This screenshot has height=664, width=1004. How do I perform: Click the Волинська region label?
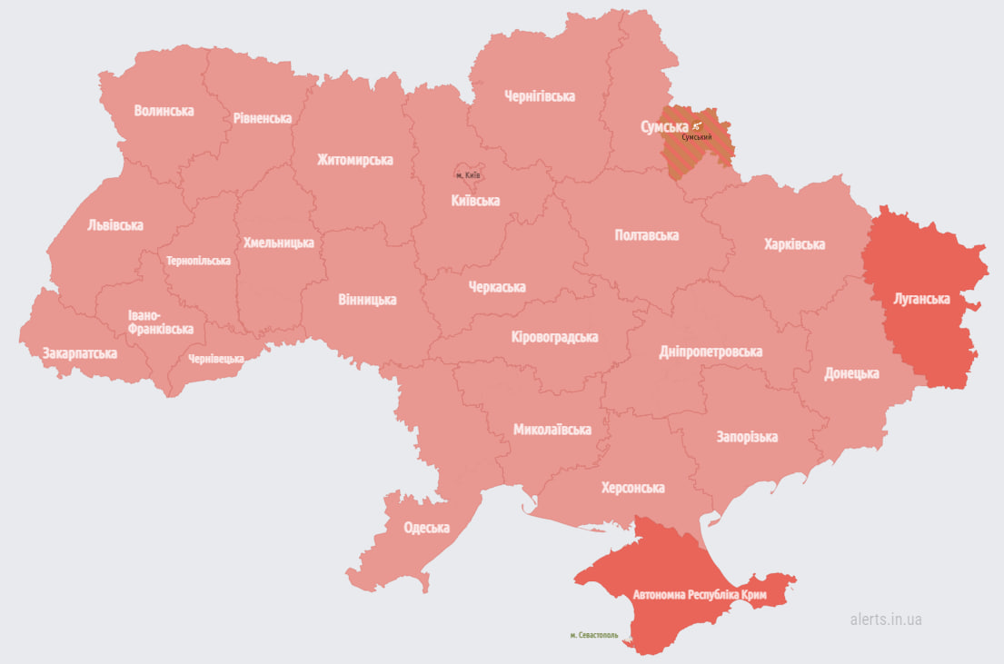(x=164, y=111)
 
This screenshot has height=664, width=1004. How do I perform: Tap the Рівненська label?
(x=262, y=118)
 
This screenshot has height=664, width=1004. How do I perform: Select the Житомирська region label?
(x=354, y=160)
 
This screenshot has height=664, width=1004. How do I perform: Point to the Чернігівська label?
(x=540, y=96)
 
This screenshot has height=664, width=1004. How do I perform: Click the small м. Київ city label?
(x=468, y=174)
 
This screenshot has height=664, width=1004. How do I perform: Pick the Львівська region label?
(x=115, y=225)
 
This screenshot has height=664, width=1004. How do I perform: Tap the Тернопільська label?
(x=198, y=261)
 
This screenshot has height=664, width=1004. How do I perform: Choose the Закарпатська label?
(x=79, y=352)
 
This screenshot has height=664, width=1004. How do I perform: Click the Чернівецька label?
(x=215, y=359)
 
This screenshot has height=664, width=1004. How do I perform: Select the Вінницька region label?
(x=367, y=299)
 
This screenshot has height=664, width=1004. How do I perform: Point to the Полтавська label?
(x=647, y=235)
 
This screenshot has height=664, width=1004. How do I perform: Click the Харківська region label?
(x=794, y=244)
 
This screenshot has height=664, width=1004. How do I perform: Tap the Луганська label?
(x=921, y=299)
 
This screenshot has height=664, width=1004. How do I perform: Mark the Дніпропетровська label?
(x=711, y=352)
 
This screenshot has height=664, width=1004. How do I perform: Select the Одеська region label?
(x=427, y=528)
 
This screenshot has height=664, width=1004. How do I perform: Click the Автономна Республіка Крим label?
(x=700, y=596)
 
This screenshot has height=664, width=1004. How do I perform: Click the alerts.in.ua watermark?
(x=886, y=619)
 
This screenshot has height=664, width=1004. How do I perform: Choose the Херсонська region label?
(x=632, y=488)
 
